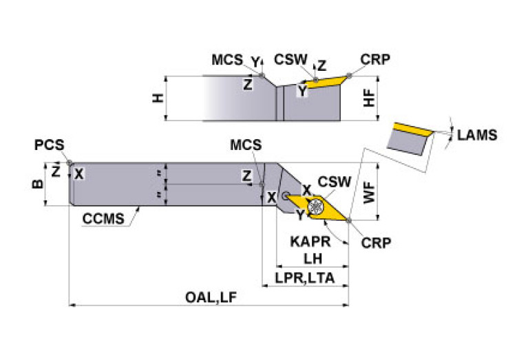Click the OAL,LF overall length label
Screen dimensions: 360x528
point(211,297)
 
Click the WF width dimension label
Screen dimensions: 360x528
point(370,192)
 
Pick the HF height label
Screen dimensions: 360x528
point(370,98)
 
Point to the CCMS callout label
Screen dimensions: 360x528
point(103,220)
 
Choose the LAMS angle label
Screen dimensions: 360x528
point(476,136)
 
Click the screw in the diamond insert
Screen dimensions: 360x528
point(317,205)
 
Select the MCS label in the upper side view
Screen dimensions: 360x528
point(227,60)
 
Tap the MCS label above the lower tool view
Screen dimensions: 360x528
point(246,145)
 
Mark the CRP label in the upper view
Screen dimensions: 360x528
point(375,59)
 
